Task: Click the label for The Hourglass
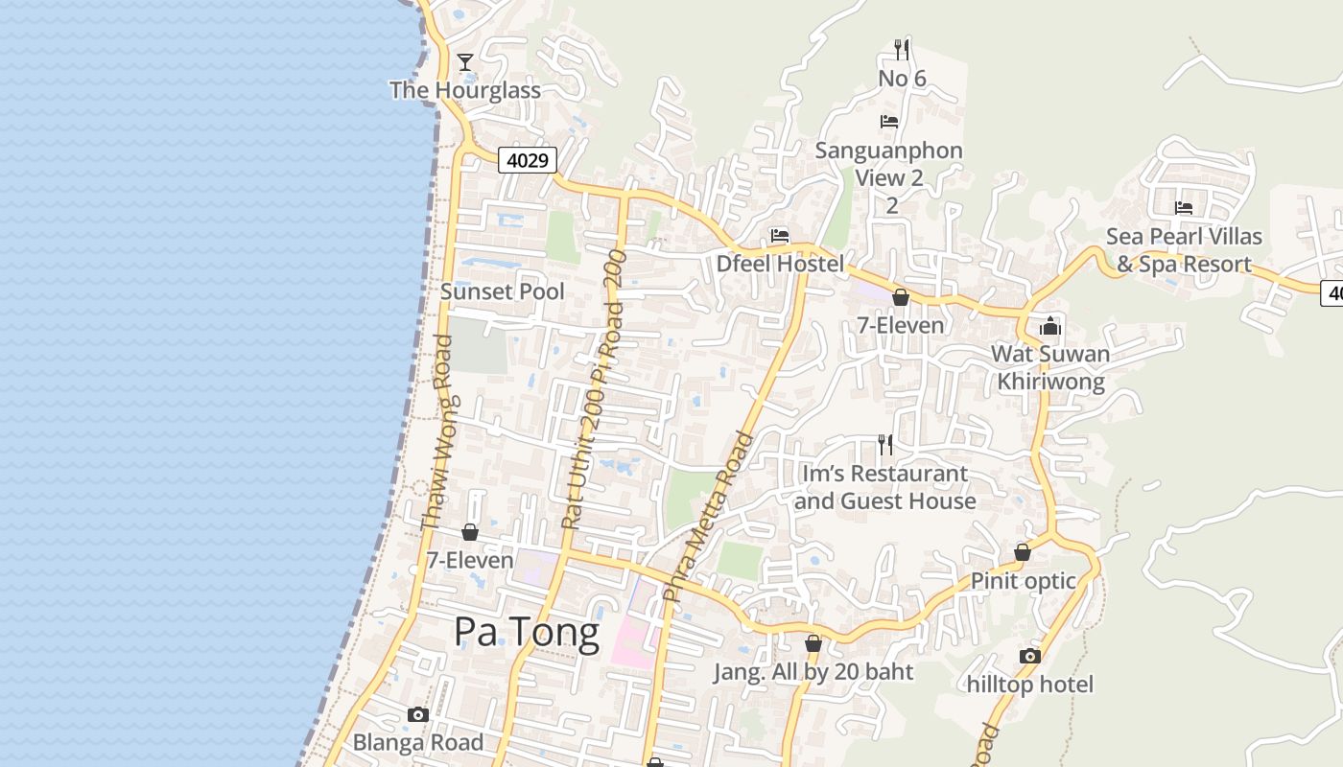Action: point(465,90)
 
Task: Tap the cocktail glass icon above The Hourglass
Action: point(465,62)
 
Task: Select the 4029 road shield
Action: point(528,160)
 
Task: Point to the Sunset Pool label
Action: point(503,291)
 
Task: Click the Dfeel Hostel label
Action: point(781,264)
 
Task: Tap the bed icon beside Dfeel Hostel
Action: point(780,236)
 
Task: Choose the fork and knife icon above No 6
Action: point(901,49)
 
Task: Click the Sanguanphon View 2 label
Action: point(889,165)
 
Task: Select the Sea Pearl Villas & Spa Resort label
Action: point(1184,250)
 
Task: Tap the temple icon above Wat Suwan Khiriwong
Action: point(1050,326)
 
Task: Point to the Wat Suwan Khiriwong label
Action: point(1050,368)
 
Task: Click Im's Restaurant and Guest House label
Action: point(884,487)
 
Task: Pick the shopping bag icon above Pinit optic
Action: point(1023,553)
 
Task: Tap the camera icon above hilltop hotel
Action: point(1030,656)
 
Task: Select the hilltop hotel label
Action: point(1030,685)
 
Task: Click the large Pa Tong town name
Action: point(527,632)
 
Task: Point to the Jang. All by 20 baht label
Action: point(813,672)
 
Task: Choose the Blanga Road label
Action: point(418,742)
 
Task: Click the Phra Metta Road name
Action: point(709,518)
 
